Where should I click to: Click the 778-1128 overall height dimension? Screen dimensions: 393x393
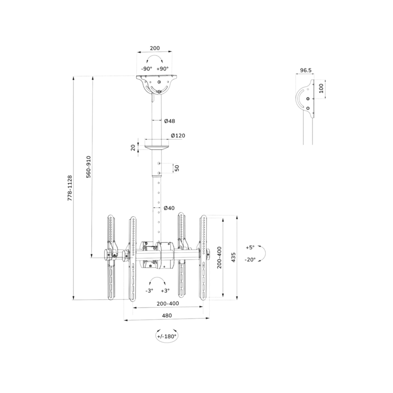(x=70, y=188)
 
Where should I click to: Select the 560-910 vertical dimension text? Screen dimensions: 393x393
(x=89, y=167)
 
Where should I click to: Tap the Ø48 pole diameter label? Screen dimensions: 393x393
(x=169, y=121)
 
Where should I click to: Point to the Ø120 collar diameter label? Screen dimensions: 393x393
(x=178, y=135)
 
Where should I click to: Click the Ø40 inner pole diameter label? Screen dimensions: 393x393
(x=169, y=208)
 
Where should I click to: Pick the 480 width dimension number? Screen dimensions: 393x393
(x=167, y=315)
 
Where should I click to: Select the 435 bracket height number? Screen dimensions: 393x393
(x=234, y=257)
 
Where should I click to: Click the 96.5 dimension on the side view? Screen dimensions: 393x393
(x=306, y=70)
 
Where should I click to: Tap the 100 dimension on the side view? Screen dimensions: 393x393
(x=321, y=88)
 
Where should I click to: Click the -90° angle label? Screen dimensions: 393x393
(x=147, y=69)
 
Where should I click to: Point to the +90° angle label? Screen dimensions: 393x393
(x=162, y=69)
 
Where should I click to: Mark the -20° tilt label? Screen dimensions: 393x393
(x=250, y=260)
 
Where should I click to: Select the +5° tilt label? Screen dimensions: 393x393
(x=250, y=247)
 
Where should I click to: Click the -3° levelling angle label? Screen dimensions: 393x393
(x=149, y=290)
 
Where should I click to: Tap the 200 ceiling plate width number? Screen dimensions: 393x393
(x=155, y=48)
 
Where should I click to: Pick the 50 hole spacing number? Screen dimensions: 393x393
(x=177, y=168)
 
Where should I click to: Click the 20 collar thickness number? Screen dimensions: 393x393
(x=133, y=147)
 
